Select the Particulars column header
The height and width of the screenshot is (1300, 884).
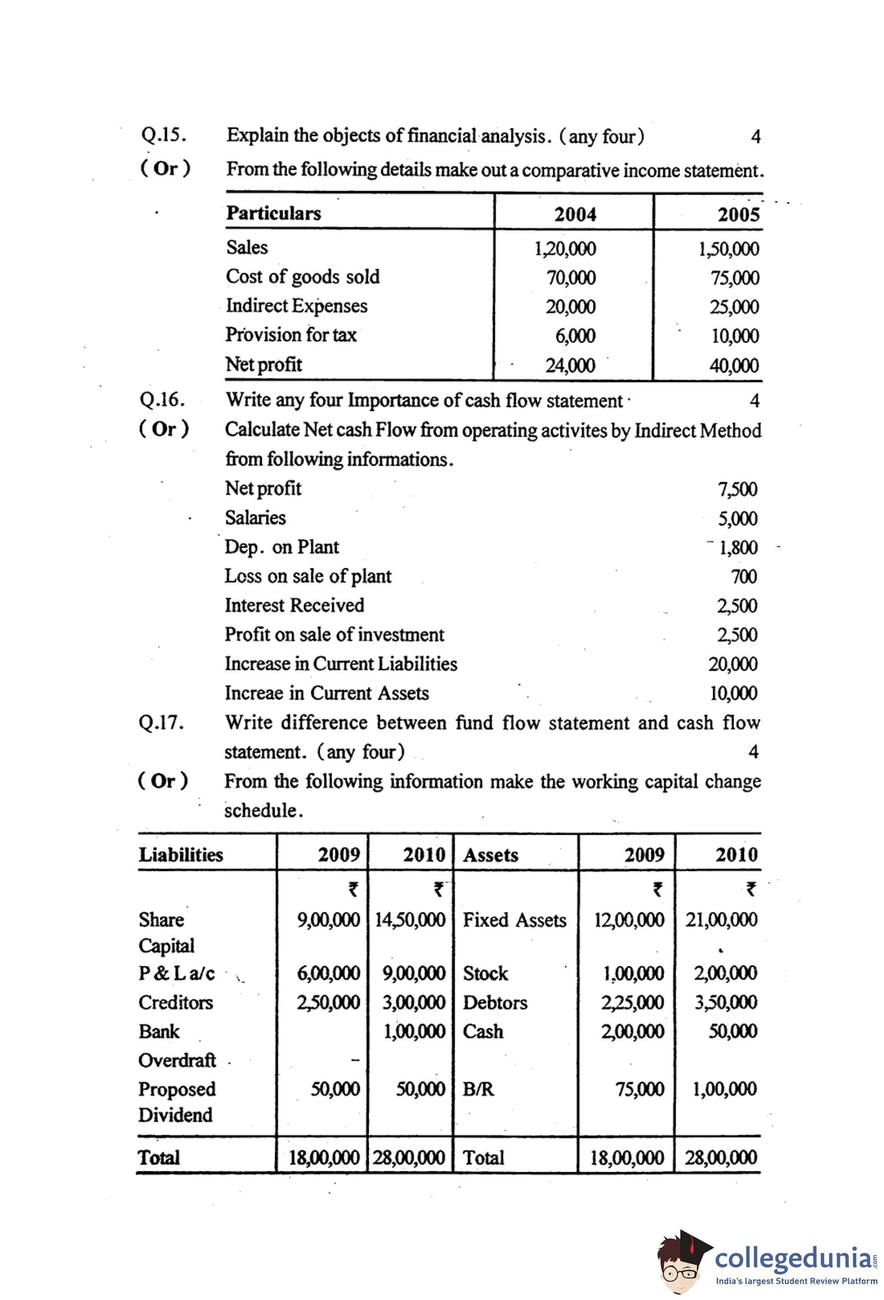(273, 213)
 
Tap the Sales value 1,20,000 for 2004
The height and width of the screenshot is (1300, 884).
(565, 249)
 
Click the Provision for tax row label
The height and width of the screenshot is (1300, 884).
(291, 335)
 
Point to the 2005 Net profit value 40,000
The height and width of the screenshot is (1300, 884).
(734, 366)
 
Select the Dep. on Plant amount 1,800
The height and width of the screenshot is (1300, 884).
(737, 548)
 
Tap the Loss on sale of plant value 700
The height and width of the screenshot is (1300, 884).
(743, 577)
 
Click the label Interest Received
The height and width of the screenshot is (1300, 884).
(294, 605)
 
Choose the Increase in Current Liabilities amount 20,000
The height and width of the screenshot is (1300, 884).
(733, 664)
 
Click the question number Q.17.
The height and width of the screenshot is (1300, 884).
(161, 723)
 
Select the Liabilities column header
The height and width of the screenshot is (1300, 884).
(181, 855)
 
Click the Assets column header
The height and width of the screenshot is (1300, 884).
(491, 855)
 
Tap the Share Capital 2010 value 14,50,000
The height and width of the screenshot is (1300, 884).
(410, 920)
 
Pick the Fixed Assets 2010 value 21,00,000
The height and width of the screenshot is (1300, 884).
(721, 920)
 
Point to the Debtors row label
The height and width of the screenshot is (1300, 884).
(495, 1002)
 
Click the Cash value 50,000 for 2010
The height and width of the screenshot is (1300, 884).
(733, 1031)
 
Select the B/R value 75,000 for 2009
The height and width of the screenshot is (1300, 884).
(639, 1089)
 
